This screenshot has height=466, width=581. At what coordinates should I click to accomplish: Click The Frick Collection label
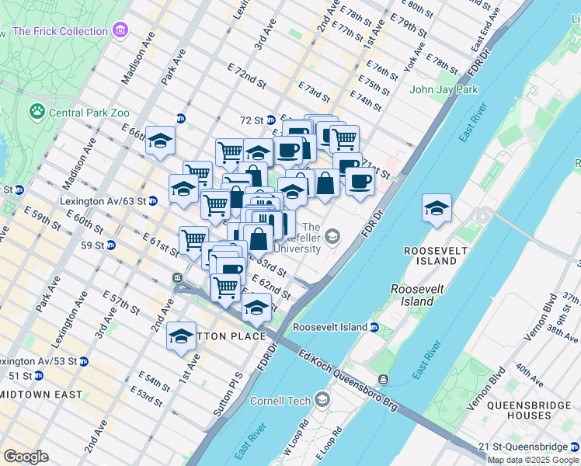coord(61,31)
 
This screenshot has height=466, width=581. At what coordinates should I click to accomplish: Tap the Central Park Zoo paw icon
coord(37,113)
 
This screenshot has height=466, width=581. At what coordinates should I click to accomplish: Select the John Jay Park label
coord(444,89)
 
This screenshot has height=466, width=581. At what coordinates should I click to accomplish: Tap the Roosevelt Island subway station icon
coord(374,328)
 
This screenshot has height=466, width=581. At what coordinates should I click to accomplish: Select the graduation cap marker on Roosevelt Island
coord(437,208)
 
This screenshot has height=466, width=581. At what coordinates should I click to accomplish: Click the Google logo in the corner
coord(26,457)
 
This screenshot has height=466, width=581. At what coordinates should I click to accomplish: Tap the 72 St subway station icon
coord(271,120)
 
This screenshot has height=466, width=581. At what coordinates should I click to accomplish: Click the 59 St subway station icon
coord(111,245)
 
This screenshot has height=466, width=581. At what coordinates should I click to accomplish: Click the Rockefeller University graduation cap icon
coord(332,236)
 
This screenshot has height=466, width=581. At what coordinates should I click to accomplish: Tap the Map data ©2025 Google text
coord(534,460)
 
